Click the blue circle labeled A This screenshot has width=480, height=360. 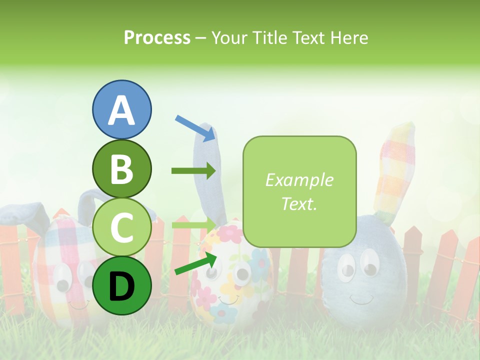coord(121,109)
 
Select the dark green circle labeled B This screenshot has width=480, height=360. coord(121,168)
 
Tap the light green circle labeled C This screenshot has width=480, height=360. coord(121,227)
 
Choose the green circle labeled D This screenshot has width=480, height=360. coord(121,285)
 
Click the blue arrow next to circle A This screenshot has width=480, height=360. coord(195,128)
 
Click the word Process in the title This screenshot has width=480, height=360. coord(157,37)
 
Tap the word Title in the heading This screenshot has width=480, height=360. coord(269,37)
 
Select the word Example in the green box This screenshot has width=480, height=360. coord(299,180)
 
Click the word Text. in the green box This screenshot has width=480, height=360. coord(299,204)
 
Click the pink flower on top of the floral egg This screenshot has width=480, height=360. coord(229,233)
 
